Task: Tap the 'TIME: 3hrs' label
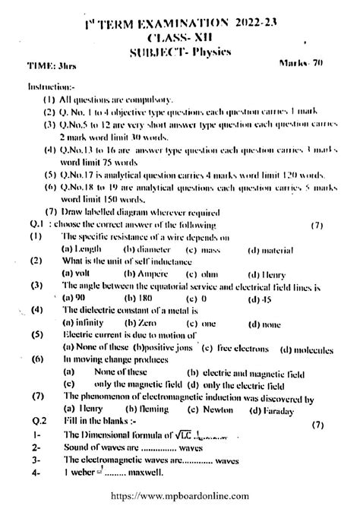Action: (48, 66)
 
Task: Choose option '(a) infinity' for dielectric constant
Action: (82, 323)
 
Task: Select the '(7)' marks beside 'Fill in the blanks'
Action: (317, 424)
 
